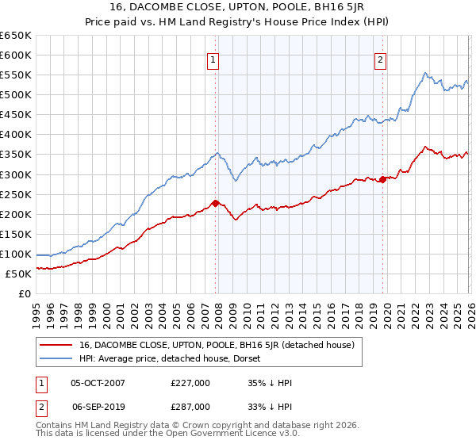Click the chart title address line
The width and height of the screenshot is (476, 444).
(x=238, y=7)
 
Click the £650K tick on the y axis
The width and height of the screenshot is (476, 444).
(x=16, y=36)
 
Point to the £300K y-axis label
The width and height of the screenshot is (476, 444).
(x=16, y=174)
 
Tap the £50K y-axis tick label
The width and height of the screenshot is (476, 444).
(x=19, y=274)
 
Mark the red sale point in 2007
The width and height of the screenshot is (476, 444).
(x=215, y=203)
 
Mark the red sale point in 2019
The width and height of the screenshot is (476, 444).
(x=382, y=179)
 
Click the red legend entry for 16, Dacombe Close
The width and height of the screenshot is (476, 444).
(x=221, y=345)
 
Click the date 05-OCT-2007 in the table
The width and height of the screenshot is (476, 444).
(x=98, y=383)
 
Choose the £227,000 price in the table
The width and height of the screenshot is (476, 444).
(x=190, y=383)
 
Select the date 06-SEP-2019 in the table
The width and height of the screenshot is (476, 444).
(x=98, y=406)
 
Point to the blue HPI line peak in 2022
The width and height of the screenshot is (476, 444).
(x=426, y=74)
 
